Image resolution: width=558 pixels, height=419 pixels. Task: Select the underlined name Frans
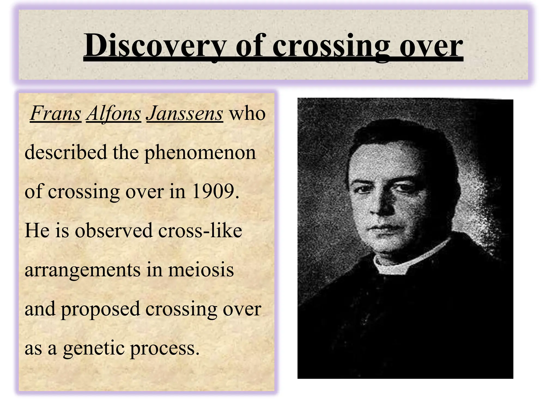[x=56, y=113]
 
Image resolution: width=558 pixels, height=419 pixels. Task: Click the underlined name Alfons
[x=114, y=113]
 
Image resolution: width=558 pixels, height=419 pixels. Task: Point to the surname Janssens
[x=185, y=113]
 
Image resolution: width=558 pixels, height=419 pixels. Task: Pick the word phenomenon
[x=200, y=153]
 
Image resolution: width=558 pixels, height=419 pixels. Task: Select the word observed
[x=114, y=231]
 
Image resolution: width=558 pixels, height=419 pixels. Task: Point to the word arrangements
[x=82, y=270]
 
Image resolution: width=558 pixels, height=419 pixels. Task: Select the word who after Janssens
[x=247, y=113]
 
